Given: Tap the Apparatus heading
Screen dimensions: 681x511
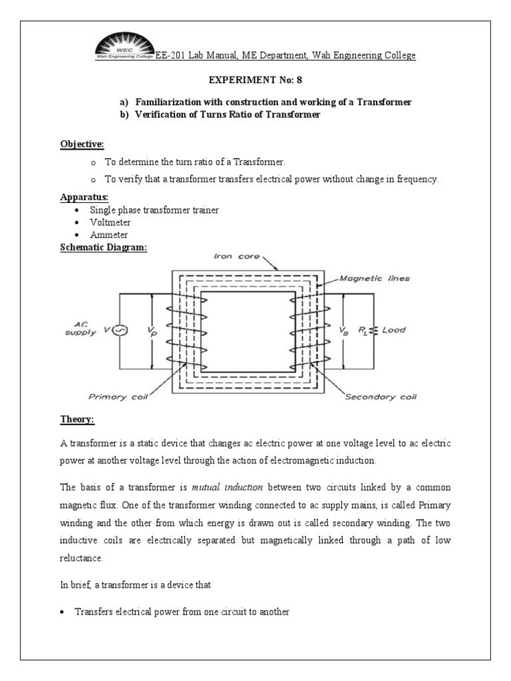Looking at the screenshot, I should pyautogui.click(x=84, y=198).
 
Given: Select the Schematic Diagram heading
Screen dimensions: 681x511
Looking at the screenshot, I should pyautogui.click(x=103, y=247).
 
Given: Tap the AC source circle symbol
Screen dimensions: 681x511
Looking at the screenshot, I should pyautogui.click(x=120, y=330).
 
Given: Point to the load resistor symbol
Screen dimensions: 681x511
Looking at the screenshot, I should pyautogui.click(x=375, y=330).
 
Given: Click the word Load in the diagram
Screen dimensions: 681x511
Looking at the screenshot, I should pyautogui.click(x=393, y=330).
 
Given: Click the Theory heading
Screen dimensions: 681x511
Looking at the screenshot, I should pyautogui.click(x=77, y=420).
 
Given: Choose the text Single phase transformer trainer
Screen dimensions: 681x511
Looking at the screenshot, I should pyautogui.click(x=158, y=209).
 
